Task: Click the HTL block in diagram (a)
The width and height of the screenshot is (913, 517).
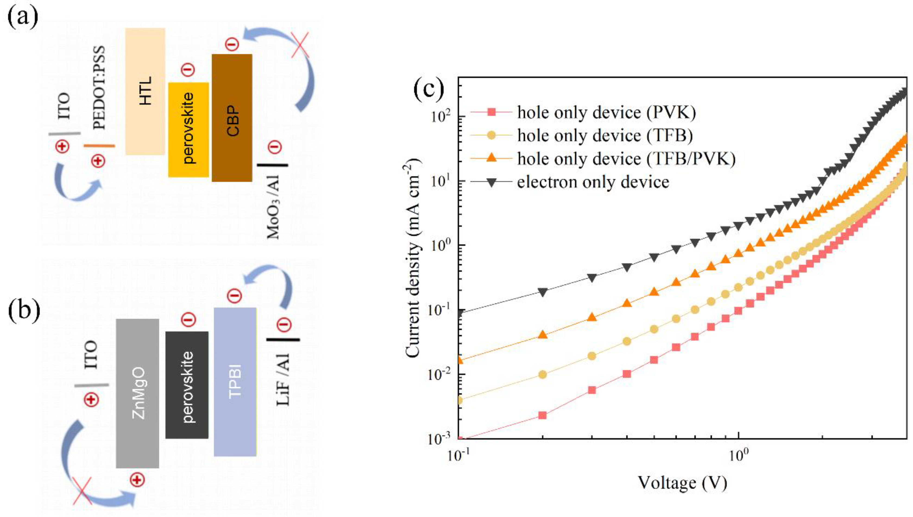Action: tap(145, 92)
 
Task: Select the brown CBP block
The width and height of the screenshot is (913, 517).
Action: tap(232, 118)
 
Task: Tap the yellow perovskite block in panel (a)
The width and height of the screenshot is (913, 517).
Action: tap(188, 130)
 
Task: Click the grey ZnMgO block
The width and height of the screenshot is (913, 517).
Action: tap(137, 393)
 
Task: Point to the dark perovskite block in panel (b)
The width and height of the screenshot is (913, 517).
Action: tap(187, 385)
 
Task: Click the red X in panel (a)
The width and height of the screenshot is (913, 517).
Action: tap(300, 44)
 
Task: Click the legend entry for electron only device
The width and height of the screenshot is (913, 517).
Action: tap(592, 182)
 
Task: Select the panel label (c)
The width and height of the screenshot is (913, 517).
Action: tap(429, 91)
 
